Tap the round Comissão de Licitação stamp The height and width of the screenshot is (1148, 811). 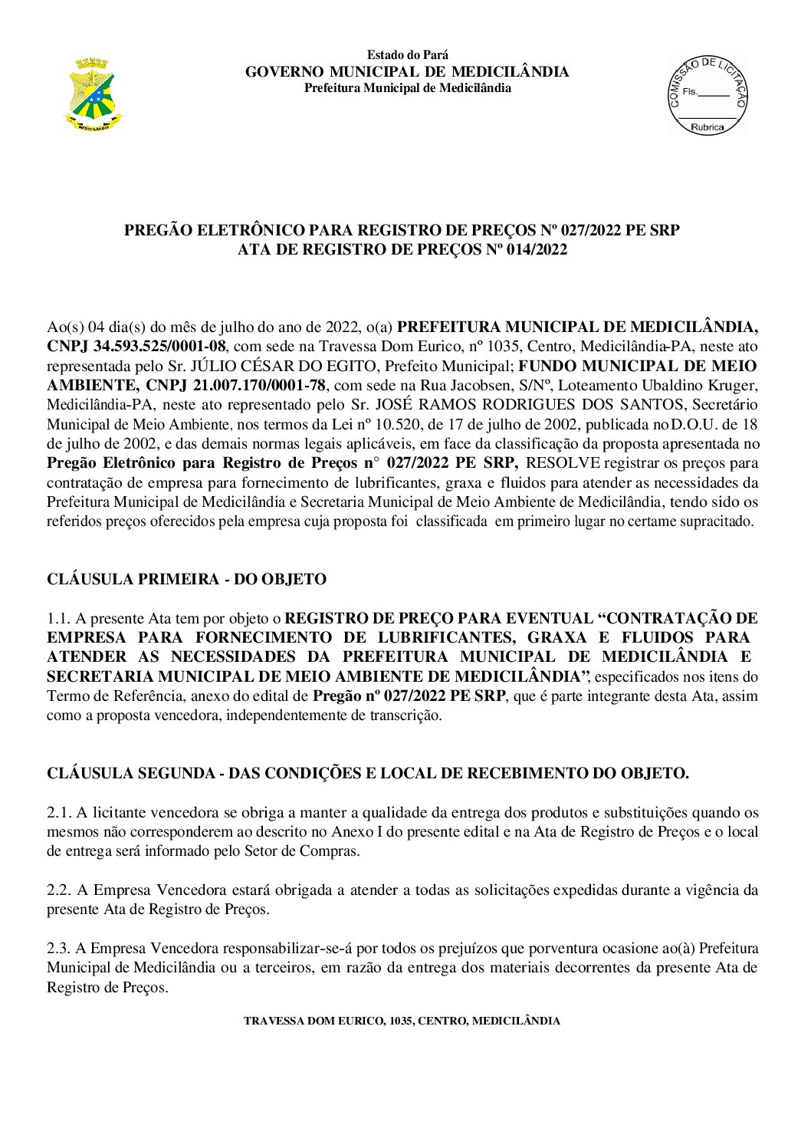tap(707, 97)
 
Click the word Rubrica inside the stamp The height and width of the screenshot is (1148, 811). tap(707, 127)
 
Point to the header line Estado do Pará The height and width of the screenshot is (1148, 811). tap(407, 55)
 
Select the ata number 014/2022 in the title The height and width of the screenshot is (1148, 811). tap(537, 249)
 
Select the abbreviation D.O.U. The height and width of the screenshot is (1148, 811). tap(695, 424)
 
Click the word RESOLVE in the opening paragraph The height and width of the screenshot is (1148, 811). tap(563, 462)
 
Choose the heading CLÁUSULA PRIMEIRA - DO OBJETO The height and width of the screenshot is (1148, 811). tap(186, 579)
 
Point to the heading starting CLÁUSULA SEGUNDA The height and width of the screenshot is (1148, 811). tap(368, 773)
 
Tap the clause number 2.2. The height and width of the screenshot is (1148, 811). tap(58, 890)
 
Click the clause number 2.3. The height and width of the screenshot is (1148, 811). tap(58, 948)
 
